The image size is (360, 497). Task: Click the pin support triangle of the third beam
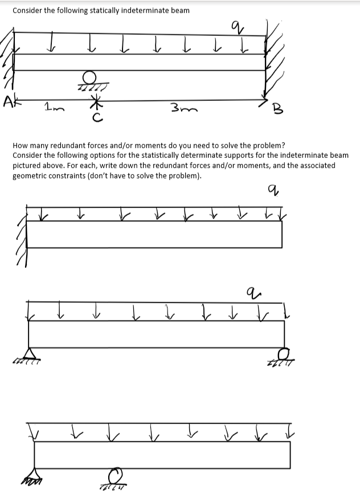[28, 354]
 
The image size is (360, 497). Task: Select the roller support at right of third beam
[280, 353]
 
